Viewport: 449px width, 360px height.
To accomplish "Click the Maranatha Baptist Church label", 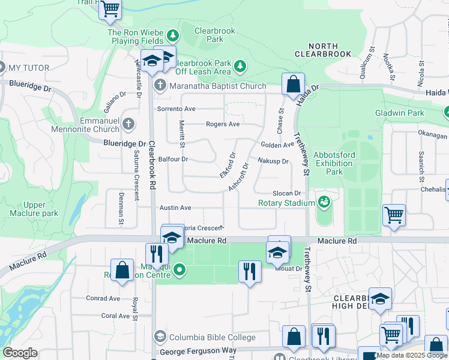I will (217, 86).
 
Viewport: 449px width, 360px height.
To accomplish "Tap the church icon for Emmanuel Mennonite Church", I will (128, 125).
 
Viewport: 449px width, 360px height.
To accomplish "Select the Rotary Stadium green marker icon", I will (325, 202).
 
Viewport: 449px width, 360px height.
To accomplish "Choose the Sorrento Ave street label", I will (176, 109).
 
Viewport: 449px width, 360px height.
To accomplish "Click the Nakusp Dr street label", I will (273, 161).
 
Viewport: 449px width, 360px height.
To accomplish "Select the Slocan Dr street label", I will (286, 193).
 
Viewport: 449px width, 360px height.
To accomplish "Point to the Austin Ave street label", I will (175, 208).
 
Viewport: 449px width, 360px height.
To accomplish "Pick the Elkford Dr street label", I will (227, 164).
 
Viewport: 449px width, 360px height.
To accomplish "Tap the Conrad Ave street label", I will (103, 298).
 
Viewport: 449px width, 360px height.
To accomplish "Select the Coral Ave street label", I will (115, 316).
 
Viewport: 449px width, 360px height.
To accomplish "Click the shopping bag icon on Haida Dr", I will (293, 85).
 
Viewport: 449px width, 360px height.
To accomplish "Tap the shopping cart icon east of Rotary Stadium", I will (394, 215).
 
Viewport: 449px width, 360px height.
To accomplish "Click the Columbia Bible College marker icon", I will (159, 337).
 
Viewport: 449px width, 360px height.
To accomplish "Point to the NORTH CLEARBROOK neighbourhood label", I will (322, 50).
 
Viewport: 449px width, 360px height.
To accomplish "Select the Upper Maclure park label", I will (34, 209).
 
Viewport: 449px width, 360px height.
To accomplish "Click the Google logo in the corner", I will (20, 353).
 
